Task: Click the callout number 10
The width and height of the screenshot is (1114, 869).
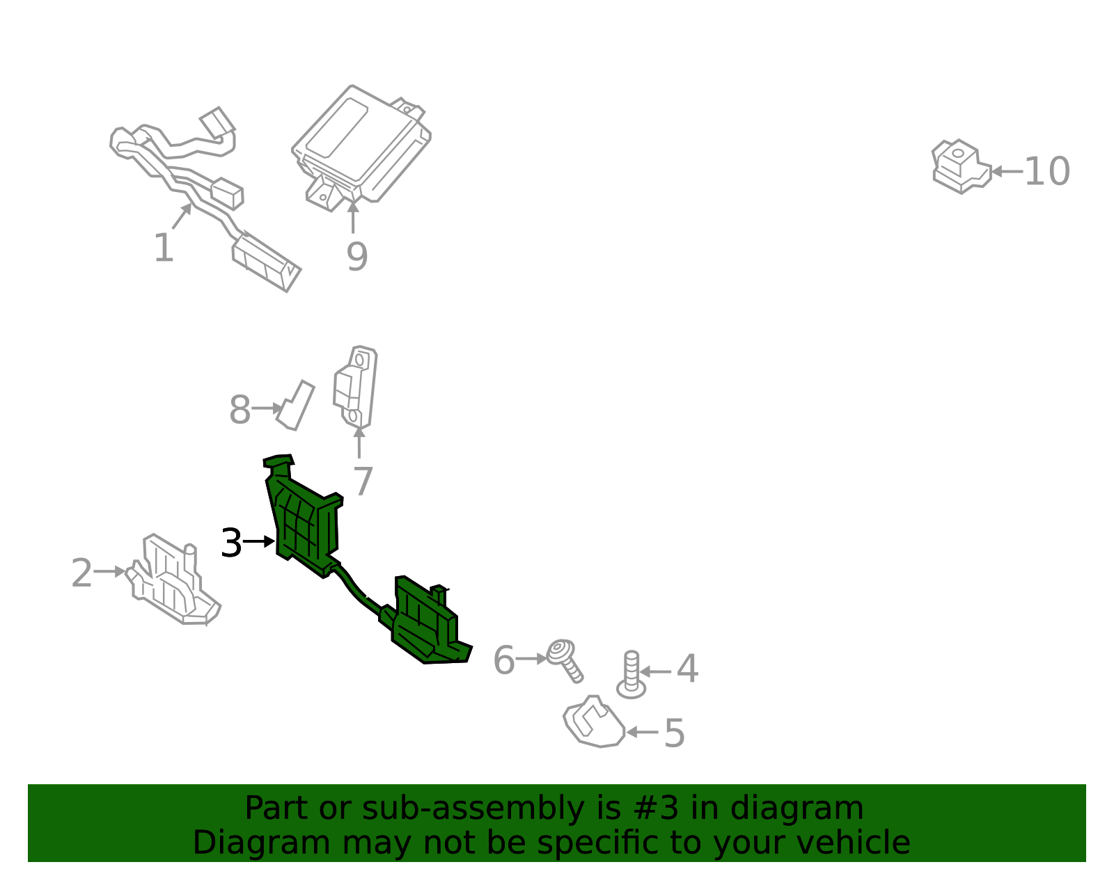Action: [1047, 171]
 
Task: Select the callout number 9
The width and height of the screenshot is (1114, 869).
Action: [356, 257]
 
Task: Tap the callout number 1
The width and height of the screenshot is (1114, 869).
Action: [164, 248]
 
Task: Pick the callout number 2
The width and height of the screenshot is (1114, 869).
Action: [81, 573]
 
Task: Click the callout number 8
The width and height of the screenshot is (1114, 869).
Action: [240, 410]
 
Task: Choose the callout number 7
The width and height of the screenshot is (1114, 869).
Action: [363, 481]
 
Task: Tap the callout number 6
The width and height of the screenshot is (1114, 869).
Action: [503, 660]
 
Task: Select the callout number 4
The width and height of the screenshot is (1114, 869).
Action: [687, 668]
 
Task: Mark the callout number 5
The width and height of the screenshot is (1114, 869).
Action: [674, 733]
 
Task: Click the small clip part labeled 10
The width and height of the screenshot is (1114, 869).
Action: [962, 166]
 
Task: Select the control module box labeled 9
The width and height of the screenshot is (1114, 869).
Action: [361, 148]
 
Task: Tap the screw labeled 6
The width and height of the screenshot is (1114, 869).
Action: [565, 660]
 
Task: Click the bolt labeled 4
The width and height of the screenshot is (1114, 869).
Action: [631, 675]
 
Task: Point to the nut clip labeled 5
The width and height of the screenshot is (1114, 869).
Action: [594, 721]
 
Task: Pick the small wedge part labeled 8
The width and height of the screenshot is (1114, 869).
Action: [296, 406]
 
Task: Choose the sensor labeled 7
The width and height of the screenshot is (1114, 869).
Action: [355, 388]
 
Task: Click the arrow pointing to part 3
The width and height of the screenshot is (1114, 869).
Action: [259, 541]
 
